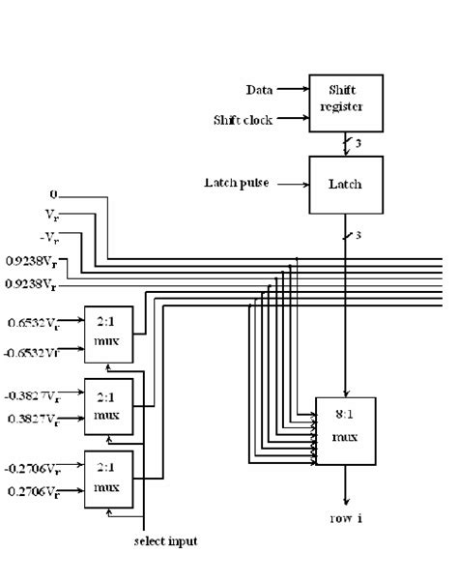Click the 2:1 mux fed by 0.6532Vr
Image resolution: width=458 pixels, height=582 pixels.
tap(108, 335)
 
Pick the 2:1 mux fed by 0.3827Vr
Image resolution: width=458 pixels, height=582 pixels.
tap(108, 407)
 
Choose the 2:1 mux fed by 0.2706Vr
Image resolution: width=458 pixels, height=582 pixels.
tap(108, 479)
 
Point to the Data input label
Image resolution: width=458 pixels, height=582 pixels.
tap(258, 90)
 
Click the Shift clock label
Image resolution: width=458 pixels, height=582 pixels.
tap(242, 120)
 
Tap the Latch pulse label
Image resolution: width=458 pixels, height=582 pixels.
tap(237, 182)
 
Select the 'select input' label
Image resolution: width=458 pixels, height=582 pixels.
tap(164, 541)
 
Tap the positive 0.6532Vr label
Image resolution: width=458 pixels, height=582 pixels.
tap(35, 322)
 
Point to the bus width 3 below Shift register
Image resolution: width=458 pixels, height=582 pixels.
tap(357, 143)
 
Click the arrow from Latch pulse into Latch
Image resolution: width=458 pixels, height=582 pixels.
tap(290, 182)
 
